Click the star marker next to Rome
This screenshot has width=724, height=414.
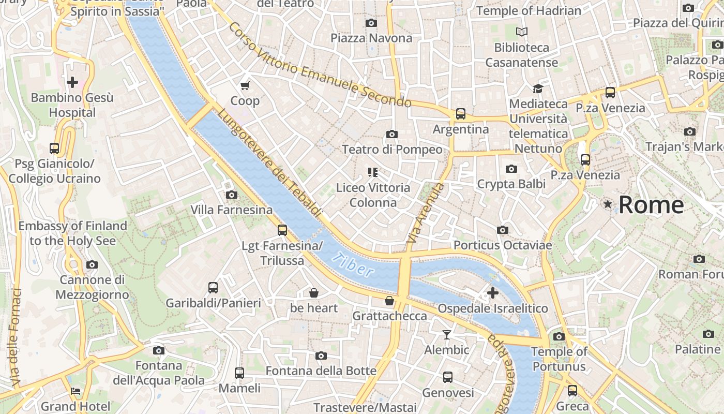click(x=608, y=205)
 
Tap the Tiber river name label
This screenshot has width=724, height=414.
click(x=353, y=264)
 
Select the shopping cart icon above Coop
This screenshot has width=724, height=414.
click(x=245, y=85)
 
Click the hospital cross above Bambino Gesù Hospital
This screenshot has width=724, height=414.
click(x=72, y=82)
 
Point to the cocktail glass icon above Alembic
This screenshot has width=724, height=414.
click(x=447, y=335)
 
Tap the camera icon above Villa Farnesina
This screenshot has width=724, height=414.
click(x=232, y=195)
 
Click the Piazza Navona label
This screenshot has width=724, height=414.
click(x=371, y=38)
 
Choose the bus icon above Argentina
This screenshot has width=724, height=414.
click(x=460, y=113)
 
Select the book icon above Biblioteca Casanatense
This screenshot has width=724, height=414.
click(x=522, y=32)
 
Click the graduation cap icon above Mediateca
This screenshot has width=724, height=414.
click(x=538, y=88)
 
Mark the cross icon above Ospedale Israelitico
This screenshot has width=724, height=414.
click(x=493, y=293)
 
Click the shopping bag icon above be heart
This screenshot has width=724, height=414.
click(x=313, y=293)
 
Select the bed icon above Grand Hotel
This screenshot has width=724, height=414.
click(x=76, y=391)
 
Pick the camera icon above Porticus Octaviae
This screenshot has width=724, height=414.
click(x=502, y=230)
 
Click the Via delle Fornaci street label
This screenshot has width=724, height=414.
click(x=16, y=337)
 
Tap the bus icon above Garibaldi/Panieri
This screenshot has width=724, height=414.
click(x=213, y=288)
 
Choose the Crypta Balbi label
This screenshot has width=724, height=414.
click(x=511, y=184)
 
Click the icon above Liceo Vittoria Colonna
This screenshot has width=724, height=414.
click(x=372, y=172)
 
